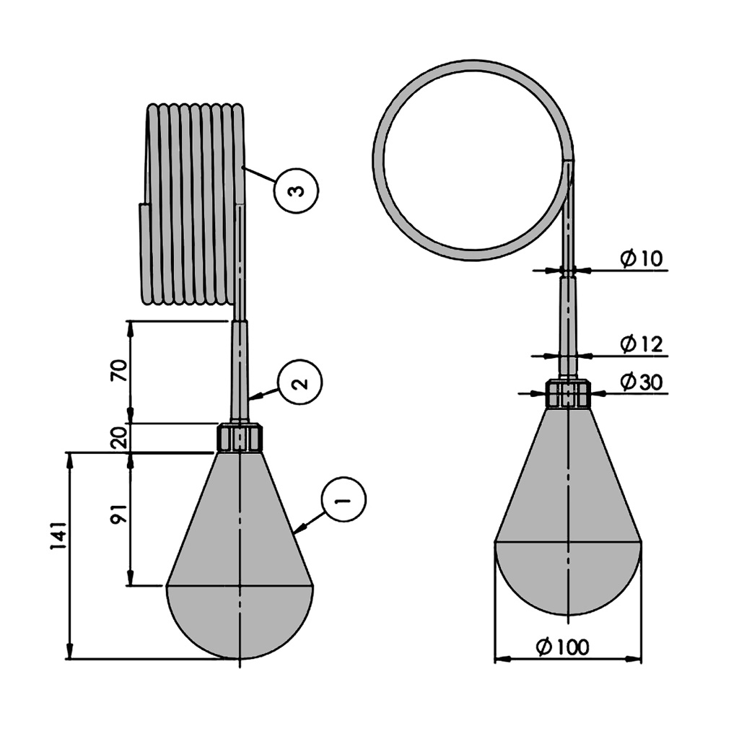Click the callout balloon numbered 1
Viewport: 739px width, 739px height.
click(x=344, y=499)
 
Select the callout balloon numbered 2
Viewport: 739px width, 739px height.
click(x=299, y=382)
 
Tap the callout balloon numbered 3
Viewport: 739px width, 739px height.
click(x=296, y=191)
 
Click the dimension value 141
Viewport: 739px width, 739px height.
click(x=58, y=535)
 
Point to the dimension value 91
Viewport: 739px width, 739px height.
click(x=119, y=514)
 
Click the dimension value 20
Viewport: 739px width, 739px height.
click(x=119, y=438)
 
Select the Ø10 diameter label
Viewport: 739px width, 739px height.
click(x=641, y=258)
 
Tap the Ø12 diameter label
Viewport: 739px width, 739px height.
click(x=641, y=344)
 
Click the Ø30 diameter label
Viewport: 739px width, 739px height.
click(x=641, y=382)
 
